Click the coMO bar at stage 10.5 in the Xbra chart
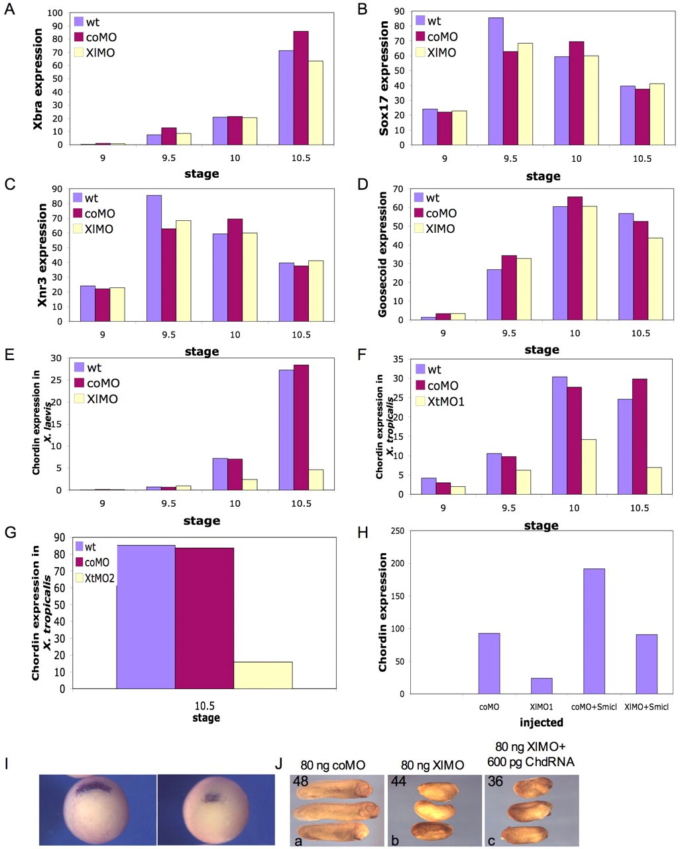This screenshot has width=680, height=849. tap(301, 88)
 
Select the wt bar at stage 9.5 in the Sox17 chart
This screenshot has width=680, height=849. tap(496, 81)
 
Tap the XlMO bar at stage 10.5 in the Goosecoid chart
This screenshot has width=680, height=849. tap(655, 279)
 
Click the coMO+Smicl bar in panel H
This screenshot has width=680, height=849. tap(594, 631)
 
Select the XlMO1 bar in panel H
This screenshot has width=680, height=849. tap(541, 686)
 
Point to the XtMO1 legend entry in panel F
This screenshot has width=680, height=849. tap(440, 401)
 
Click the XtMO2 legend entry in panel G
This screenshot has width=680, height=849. tap(95, 578)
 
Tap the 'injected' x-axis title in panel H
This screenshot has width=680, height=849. tap(542, 722)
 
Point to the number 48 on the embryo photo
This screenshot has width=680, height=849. tap(300, 782)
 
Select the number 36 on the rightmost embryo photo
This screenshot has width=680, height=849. tap(495, 782)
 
